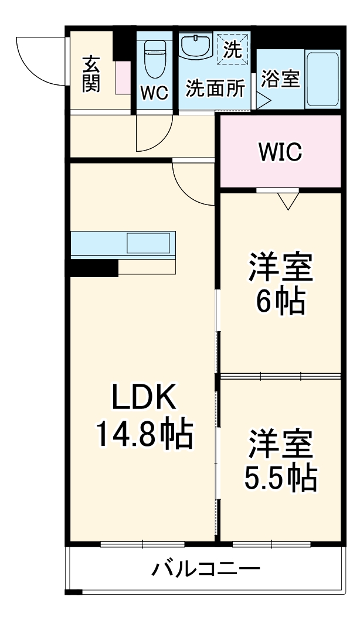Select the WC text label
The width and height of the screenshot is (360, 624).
pyautogui.click(x=155, y=93)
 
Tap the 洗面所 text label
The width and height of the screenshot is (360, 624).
pyautogui.click(x=215, y=89)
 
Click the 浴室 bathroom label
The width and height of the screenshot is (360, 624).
pyautogui.click(x=280, y=79)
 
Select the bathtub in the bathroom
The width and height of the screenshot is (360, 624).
pyautogui.click(x=322, y=80)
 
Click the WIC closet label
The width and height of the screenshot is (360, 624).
pyautogui.click(x=281, y=152)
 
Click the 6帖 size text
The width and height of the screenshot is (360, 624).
pyautogui.click(x=280, y=302)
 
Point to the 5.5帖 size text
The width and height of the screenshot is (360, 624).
pyautogui.click(x=280, y=479)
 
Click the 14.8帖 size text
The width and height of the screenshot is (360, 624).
pyautogui.click(x=143, y=434)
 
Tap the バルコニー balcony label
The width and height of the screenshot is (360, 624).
pyautogui.click(x=206, y=568)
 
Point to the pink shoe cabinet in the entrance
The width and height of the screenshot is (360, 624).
pyautogui.click(x=123, y=76)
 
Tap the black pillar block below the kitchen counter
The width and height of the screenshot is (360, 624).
pyautogui.click(x=94, y=268)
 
